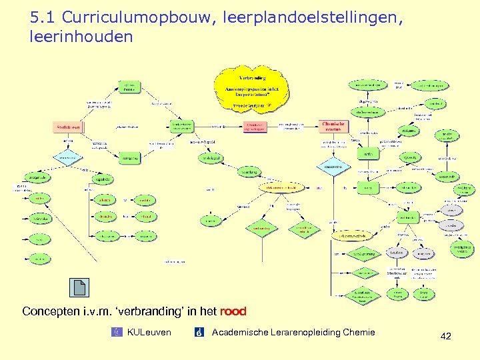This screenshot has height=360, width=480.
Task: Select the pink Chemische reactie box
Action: (333, 125)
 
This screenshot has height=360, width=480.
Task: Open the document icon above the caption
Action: (79, 287)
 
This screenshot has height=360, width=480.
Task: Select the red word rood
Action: (233, 311)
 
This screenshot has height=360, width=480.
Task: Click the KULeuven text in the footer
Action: (149, 333)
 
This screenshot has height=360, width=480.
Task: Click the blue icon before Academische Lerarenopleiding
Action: (199, 333)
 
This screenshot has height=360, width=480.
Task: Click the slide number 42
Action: (446, 337)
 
